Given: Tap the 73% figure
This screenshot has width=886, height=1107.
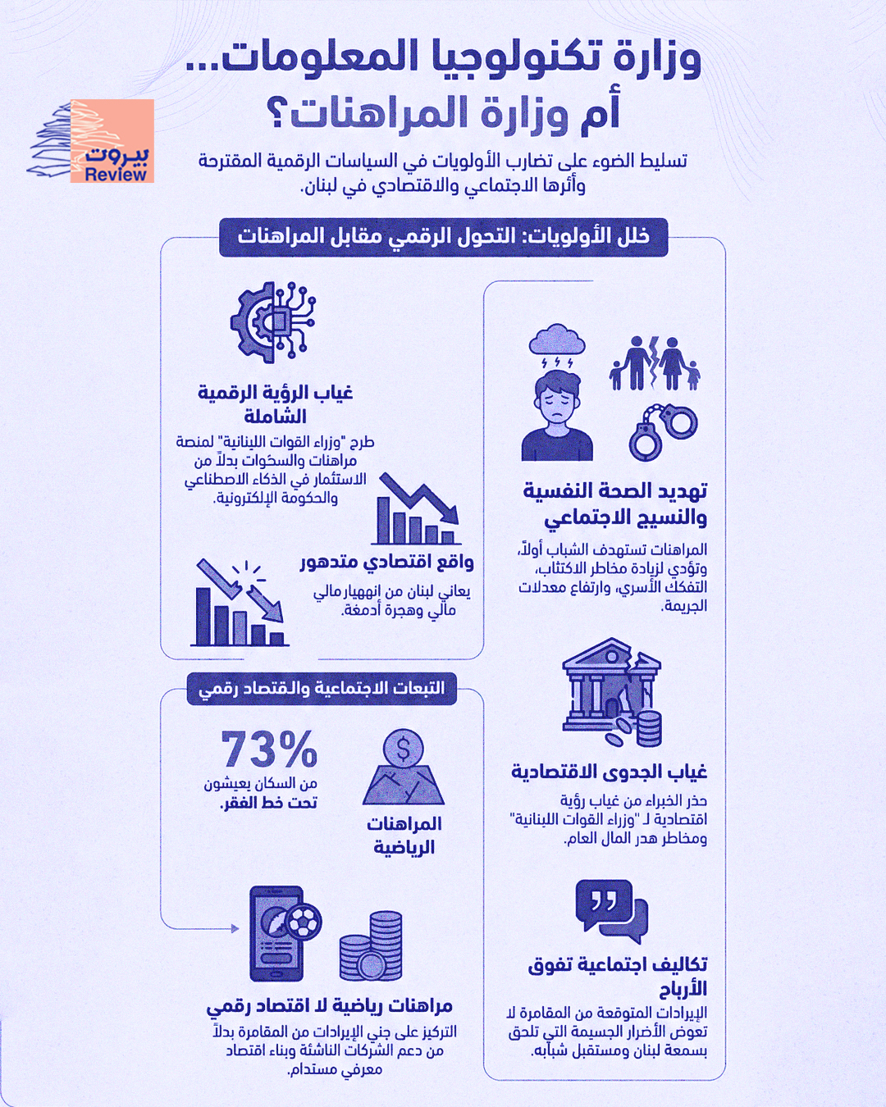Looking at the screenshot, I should point(268,749).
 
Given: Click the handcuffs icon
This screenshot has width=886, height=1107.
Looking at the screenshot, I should point(663,430).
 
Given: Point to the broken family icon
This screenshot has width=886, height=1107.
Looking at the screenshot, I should point(655,362).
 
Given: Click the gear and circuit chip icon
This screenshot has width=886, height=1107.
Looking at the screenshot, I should point(273,321).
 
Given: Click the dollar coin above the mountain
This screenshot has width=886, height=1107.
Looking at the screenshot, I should point(403,748).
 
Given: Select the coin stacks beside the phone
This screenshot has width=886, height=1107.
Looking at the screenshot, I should point(371,945).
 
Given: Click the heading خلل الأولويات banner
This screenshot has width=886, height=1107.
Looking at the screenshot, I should point(444,237).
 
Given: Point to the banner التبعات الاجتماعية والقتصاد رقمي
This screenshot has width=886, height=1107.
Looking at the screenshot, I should point(322,688).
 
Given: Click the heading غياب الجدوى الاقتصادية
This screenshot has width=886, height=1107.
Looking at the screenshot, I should point(609,772).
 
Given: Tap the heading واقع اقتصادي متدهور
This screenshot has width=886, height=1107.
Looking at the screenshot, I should point(386,562).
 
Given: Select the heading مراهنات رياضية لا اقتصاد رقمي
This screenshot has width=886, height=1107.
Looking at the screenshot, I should point(329,1005).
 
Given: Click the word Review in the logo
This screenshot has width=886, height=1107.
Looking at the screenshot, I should point(116,174).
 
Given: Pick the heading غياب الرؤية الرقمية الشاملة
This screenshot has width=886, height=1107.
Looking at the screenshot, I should point(275,404).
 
